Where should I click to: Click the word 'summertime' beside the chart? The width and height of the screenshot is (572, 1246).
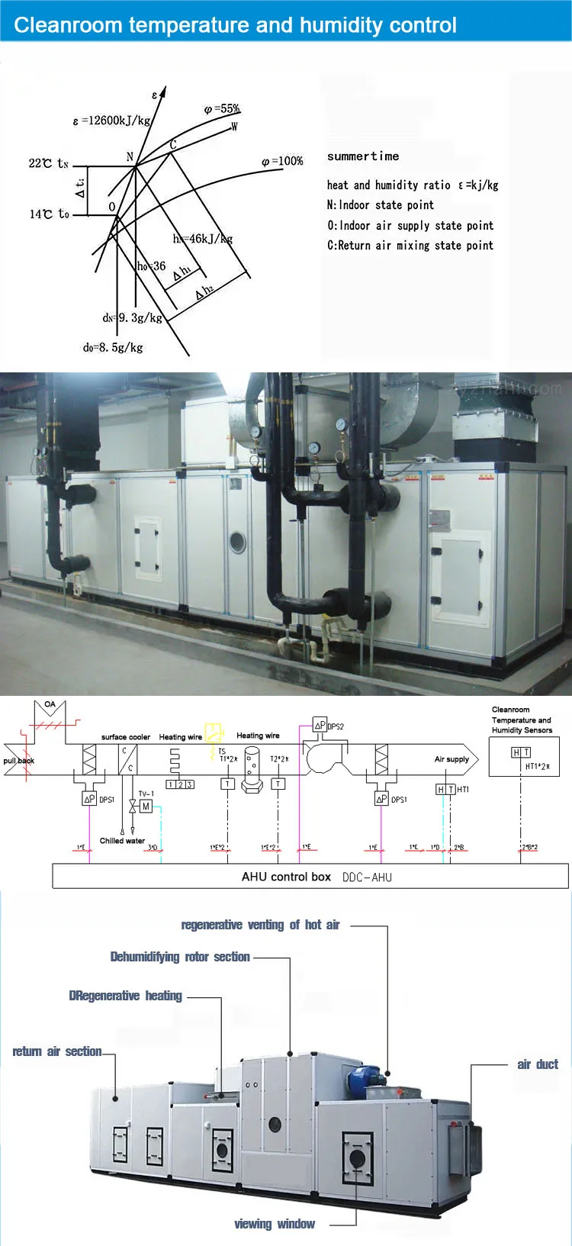[x=363, y=156]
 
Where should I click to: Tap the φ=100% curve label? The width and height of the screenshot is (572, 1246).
[x=282, y=161]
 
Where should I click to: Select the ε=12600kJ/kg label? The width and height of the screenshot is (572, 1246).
[x=112, y=121]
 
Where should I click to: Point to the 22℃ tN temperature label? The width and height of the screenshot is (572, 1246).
[x=49, y=163]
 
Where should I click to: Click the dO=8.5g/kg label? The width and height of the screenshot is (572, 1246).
[x=113, y=347]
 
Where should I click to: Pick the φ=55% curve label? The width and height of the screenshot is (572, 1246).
[x=222, y=109]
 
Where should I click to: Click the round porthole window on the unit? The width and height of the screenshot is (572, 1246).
[x=238, y=542]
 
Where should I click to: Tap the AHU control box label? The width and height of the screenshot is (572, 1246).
[x=286, y=877]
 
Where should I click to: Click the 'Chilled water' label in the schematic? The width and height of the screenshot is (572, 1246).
[x=122, y=840]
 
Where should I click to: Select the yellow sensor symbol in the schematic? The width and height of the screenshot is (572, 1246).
[x=214, y=732]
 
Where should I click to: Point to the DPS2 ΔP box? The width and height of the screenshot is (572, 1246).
[x=320, y=726]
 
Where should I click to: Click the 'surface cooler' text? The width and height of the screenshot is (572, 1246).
[x=126, y=737]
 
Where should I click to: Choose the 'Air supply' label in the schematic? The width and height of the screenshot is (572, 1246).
[x=451, y=759]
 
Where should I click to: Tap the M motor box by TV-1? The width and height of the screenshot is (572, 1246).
[x=146, y=807]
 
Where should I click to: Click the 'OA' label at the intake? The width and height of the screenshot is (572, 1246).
[x=50, y=704]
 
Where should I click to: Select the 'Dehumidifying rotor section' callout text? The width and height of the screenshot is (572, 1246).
[x=180, y=957]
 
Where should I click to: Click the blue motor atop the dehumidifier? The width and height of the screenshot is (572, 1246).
[x=360, y=1078]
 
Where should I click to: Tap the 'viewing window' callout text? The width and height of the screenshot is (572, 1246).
[x=275, y=1224]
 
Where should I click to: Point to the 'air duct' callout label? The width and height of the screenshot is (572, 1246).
[x=538, y=1064]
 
